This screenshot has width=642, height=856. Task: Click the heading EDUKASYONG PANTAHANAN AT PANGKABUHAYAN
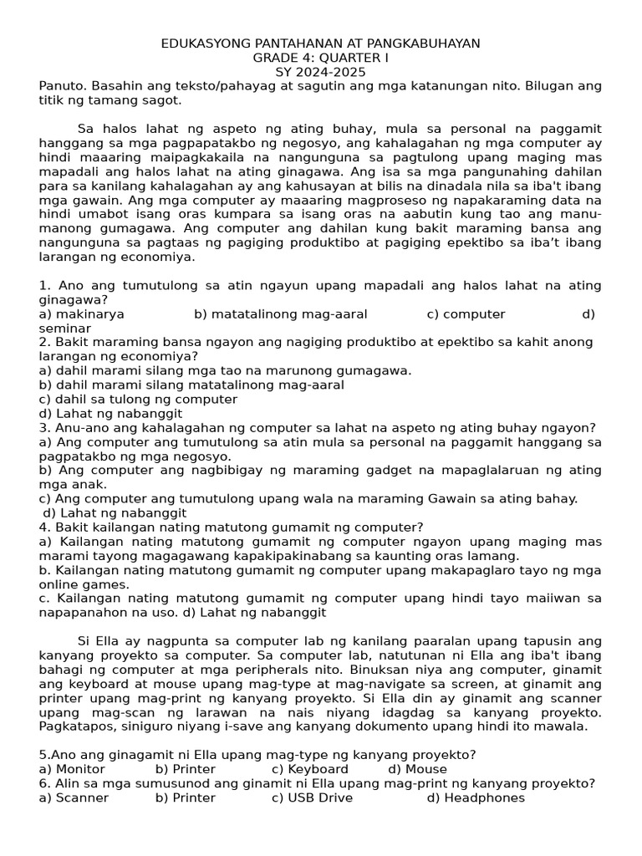[x=320, y=43]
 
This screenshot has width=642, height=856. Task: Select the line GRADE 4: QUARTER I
[x=320, y=58]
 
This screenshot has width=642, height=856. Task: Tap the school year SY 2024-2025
[x=320, y=72]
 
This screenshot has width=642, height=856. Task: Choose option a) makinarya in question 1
[x=82, y=314]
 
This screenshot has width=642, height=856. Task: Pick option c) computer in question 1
[x=466, y=314]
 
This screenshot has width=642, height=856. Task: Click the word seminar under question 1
[x=65, y=329]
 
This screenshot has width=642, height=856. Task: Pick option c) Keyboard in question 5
[x=310, y=769]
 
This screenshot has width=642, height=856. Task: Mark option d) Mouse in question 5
[x=417, y=769]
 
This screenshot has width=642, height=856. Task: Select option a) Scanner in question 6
[x=74, y=797]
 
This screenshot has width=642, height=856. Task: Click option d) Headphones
[x=476, y=797]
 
